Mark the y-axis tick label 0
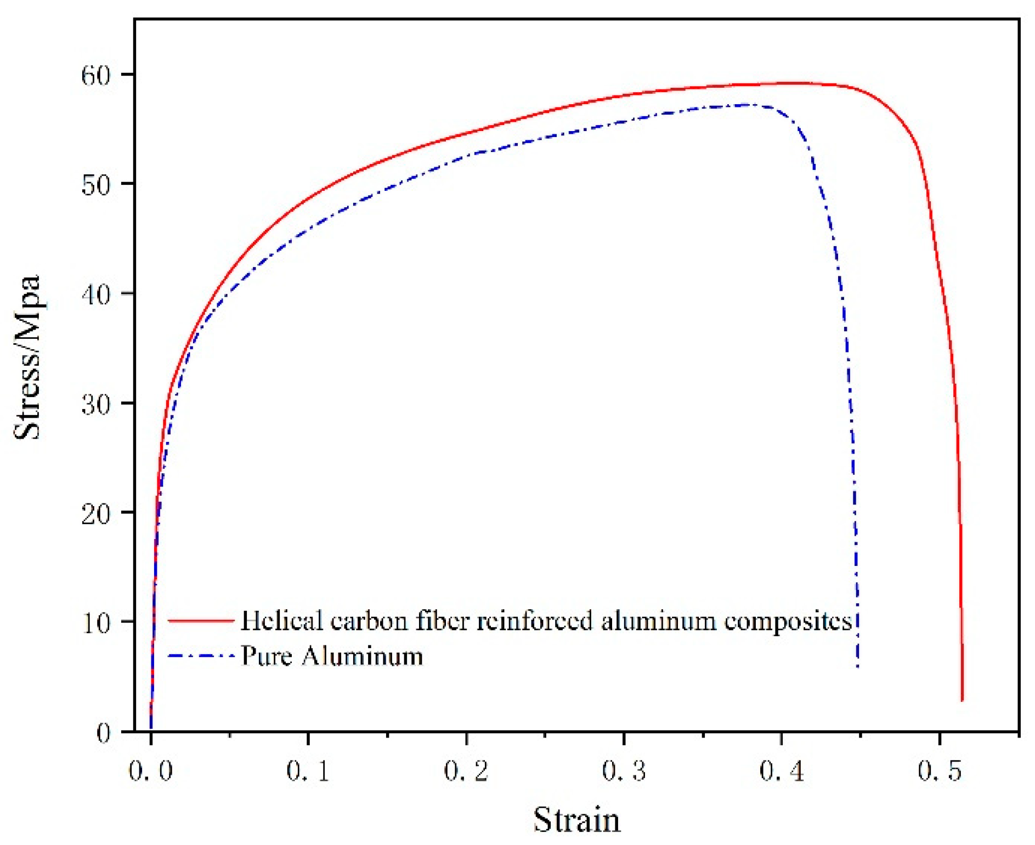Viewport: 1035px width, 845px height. (x=103, y=733)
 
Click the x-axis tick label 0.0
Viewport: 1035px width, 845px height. (x=150, y=771)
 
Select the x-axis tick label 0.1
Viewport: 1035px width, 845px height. (x=308, y=771)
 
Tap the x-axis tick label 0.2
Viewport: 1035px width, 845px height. (x=466, y=771)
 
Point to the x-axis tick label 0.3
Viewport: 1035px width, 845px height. (x=624, y=771)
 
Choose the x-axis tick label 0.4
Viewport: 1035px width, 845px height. (x=782, y=771)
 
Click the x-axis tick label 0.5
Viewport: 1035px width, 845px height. (x=940, y=771)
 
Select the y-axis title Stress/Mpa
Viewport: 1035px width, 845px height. (x=27, y=358)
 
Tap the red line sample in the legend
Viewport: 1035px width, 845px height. (x=201, y=621)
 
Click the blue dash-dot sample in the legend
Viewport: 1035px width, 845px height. (x=201, y=656)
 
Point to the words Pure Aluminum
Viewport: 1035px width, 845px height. (x=332, y=656)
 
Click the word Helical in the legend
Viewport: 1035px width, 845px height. (x=281, y=621)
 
